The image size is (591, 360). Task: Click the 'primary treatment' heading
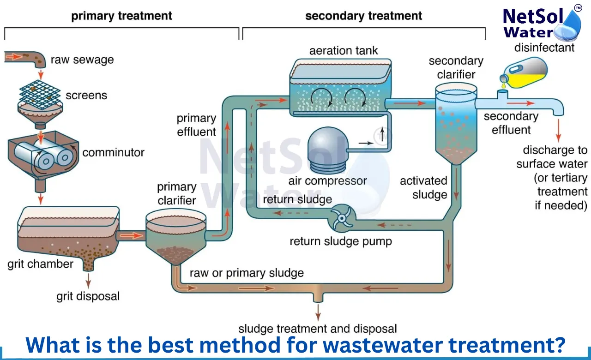[x=121, y=16]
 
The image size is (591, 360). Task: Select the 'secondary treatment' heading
[x=363, y=16]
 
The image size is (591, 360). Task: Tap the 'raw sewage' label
[x=82, y=60]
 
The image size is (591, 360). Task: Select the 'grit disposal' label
[x=88, y=296]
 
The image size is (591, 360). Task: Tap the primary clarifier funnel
[x=176, y=235]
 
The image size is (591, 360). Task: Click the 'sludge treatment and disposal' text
[x=317, y=329]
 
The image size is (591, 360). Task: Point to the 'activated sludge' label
[x=423, y=187]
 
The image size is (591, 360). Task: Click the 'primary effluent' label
[x=196, y=125]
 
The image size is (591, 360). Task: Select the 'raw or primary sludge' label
[x=247, y=273]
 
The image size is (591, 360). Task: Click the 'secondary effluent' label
[x=511, y=123]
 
